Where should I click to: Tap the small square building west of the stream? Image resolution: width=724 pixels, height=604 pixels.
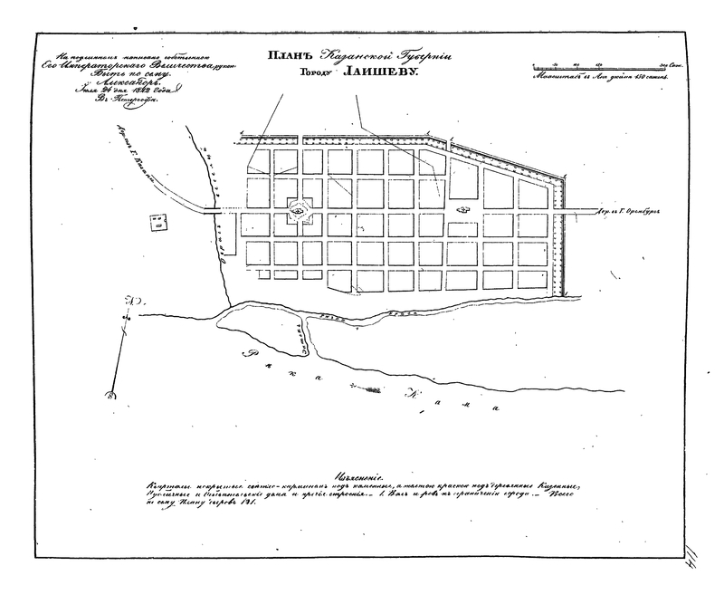tap(159, 219)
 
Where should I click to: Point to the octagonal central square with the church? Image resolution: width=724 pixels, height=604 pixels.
tap(298, 212)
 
